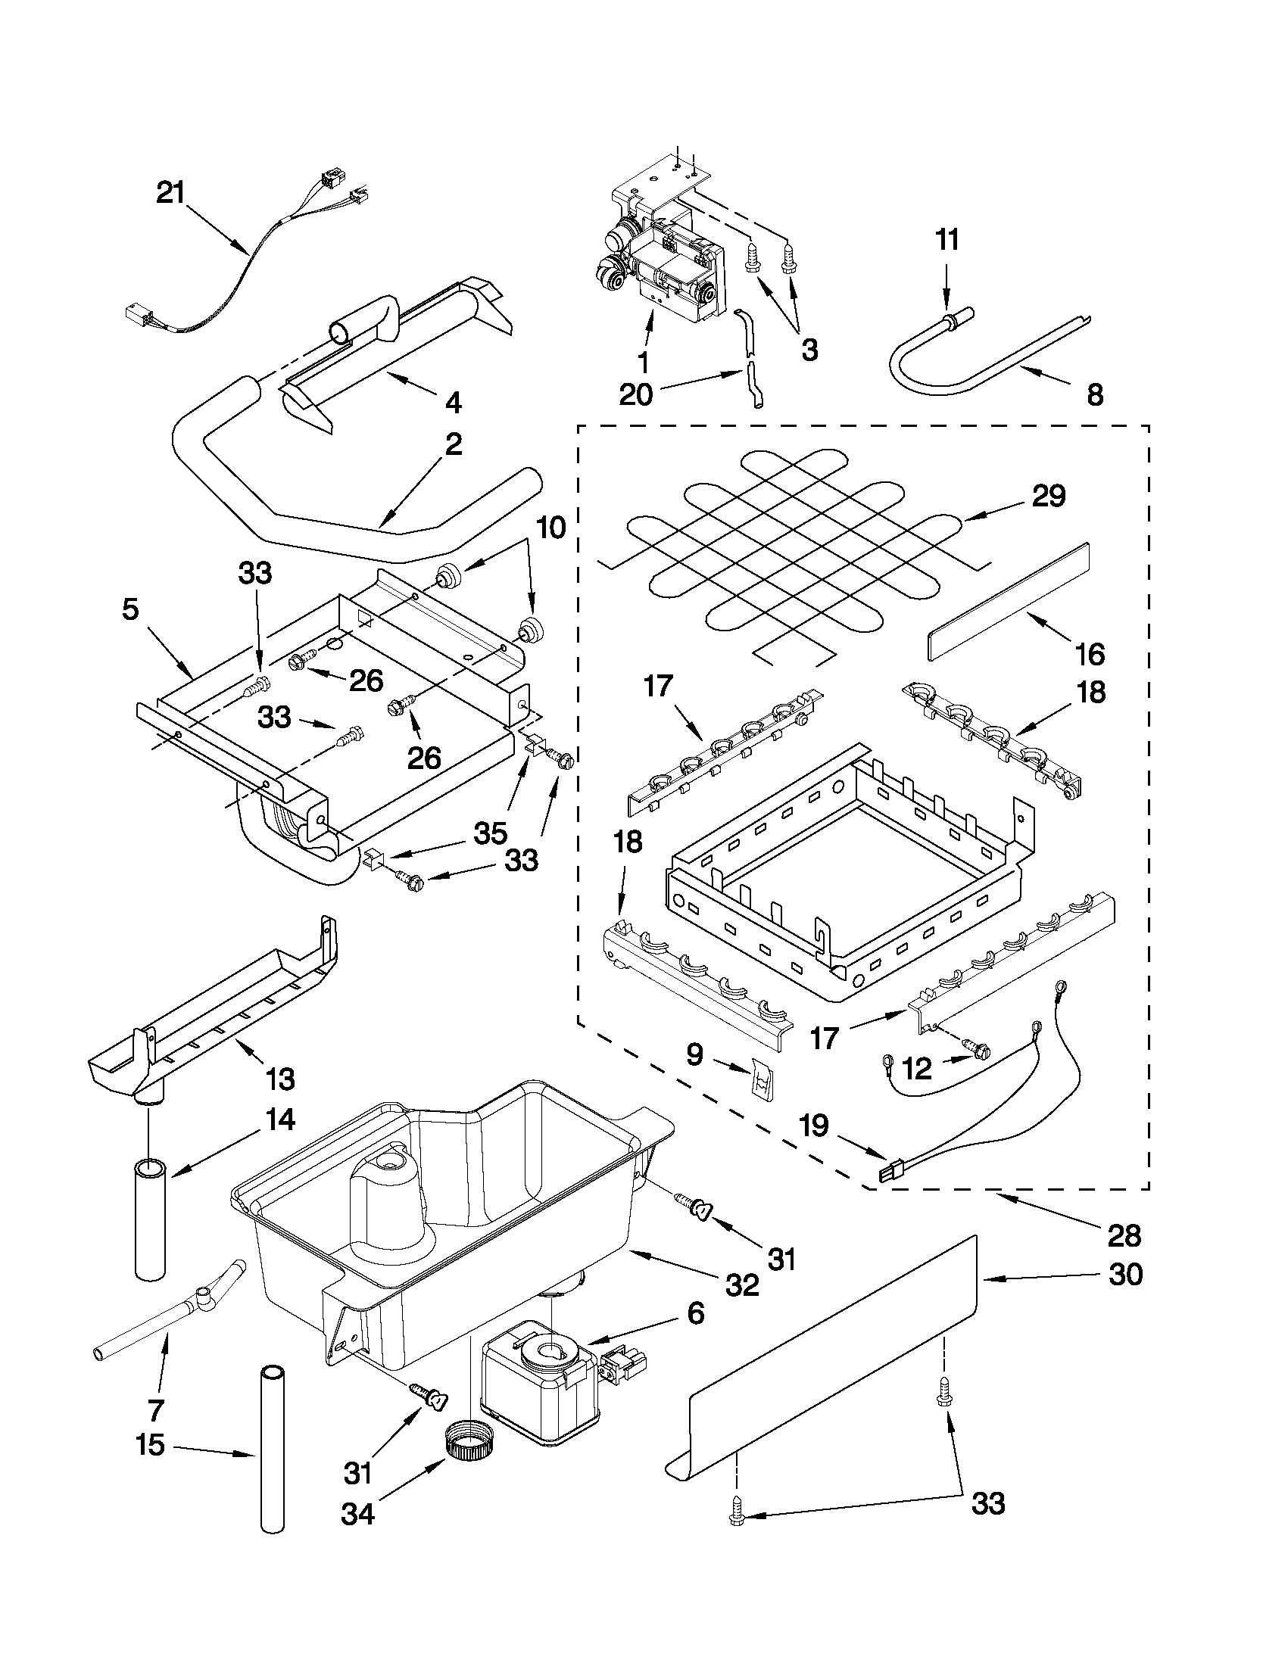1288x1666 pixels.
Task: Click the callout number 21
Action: [171, 193]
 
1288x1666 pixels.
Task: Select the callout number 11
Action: [947, 240]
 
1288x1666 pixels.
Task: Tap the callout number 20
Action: [635, 395]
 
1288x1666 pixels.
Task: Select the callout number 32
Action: [741, 1285]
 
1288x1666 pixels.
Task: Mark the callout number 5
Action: [130, 610]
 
